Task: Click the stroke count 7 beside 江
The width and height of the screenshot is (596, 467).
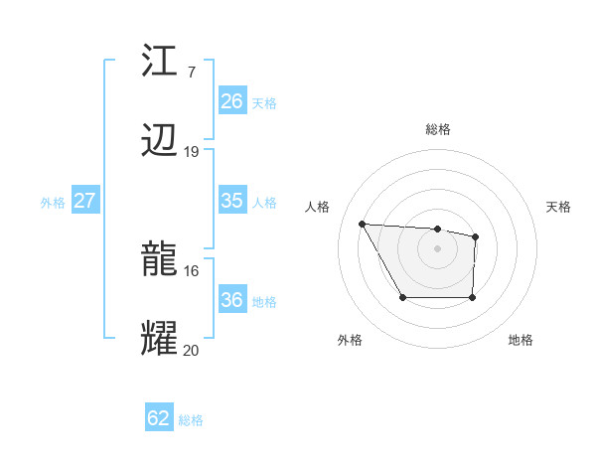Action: click(x=191, y=73)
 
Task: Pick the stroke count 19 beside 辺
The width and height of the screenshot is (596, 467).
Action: click(x=192, y=151)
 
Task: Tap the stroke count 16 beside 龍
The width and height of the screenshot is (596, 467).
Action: click(x=192, y=269)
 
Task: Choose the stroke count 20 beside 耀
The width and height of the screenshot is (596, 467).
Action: click(x=192, y=349)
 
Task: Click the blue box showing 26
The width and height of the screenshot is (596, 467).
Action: click(x=231, y=101)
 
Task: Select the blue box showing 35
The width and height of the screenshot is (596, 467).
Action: click(x=231, y=201)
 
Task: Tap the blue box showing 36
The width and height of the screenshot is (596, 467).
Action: click(x=231, y=300)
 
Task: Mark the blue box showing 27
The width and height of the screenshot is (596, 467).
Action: click(x=84, y=201)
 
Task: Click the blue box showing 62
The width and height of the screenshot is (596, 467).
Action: click(x=159, y=418)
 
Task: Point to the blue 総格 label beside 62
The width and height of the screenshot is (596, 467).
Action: click(x=191, y=420)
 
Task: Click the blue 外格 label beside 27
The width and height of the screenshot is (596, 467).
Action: click(x=53, y=203)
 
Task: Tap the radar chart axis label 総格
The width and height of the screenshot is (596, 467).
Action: click(x=438, y=129)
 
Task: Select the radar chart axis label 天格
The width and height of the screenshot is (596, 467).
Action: click(x=559, y=207)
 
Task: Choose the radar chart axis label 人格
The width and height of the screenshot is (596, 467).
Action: click(x=318, y=207)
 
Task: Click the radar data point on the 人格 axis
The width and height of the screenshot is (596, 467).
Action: click(x=362, y=224)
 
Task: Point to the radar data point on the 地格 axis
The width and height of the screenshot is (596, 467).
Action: click(x=473, y=297)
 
